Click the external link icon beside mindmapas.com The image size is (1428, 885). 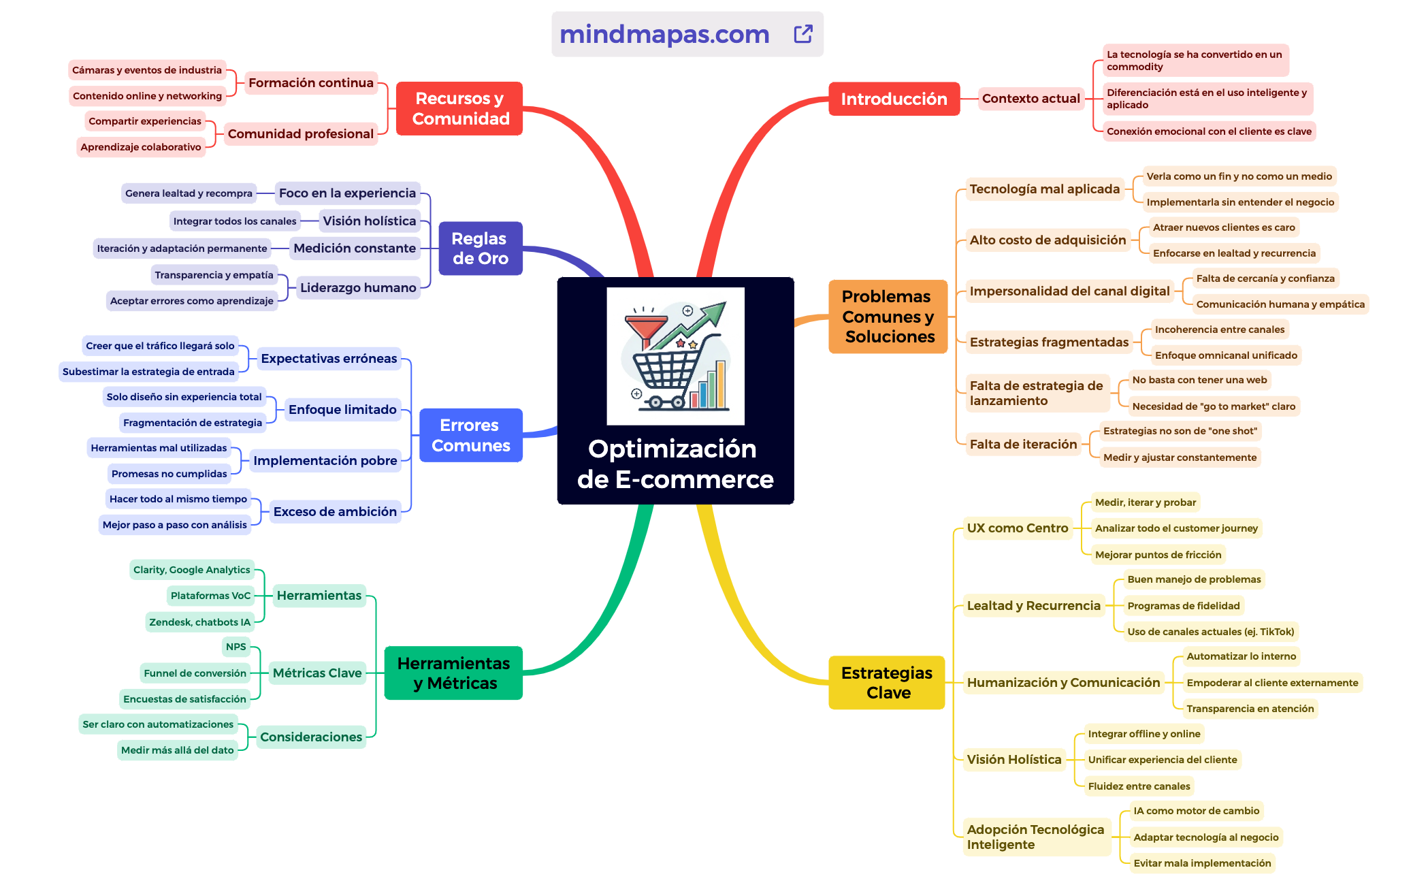tap(803, 34)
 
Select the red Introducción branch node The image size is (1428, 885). tap(894, 99)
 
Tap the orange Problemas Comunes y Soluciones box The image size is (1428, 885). tap(888, 317)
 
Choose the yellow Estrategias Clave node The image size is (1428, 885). tap(886, 682)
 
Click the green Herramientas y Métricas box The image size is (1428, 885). tap(453, 673)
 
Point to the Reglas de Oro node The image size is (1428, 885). tap(481, 248)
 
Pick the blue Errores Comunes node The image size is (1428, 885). tap(471, 435)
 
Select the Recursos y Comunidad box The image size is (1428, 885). tap(459, 108)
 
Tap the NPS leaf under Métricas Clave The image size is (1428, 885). tap(236, 647)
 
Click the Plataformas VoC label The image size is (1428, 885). tap(210, 596)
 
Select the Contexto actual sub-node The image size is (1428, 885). tap(1031, 99)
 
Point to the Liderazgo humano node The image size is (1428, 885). tap(358, 287)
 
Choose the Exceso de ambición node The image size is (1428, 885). tap(335, 511)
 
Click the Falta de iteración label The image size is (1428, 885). tap(1023, 445)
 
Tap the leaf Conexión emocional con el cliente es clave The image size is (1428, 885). tap(1209, 131)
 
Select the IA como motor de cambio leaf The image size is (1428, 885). tap(1196, 811)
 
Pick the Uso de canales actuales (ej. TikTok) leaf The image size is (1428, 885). tap(1210, 632)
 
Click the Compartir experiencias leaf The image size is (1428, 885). tap(145, 121)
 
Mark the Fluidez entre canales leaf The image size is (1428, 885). tap(1139, 786)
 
